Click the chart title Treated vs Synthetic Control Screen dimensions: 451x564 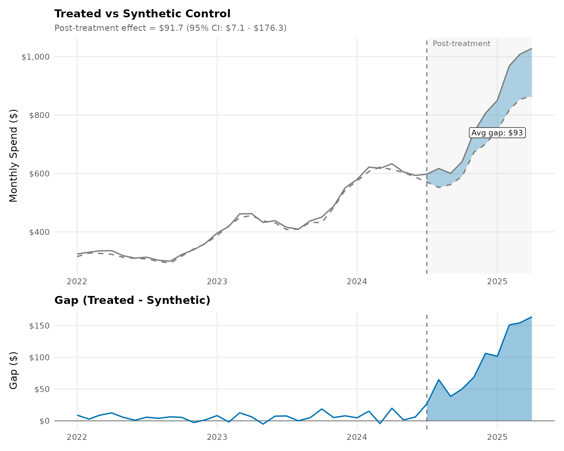142,14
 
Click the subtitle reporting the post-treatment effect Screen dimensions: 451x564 170,28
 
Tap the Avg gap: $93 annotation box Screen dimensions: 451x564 497,133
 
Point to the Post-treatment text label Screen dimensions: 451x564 461,44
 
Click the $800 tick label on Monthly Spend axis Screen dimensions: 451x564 39,115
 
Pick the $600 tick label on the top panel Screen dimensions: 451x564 39,174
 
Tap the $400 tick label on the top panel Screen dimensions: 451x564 39,232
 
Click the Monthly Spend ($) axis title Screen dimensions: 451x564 14,156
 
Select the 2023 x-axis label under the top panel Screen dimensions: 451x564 217,282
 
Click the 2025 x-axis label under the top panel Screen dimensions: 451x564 497,282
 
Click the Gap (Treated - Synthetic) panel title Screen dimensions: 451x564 132,300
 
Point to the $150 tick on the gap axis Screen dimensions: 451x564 39,326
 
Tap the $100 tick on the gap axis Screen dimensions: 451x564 39,358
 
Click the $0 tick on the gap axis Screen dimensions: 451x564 44,421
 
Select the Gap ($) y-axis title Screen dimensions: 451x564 14,370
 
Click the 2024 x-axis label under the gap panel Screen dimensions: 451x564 357,437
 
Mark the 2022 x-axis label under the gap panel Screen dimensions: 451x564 77,437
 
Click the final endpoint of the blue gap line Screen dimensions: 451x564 532,317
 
